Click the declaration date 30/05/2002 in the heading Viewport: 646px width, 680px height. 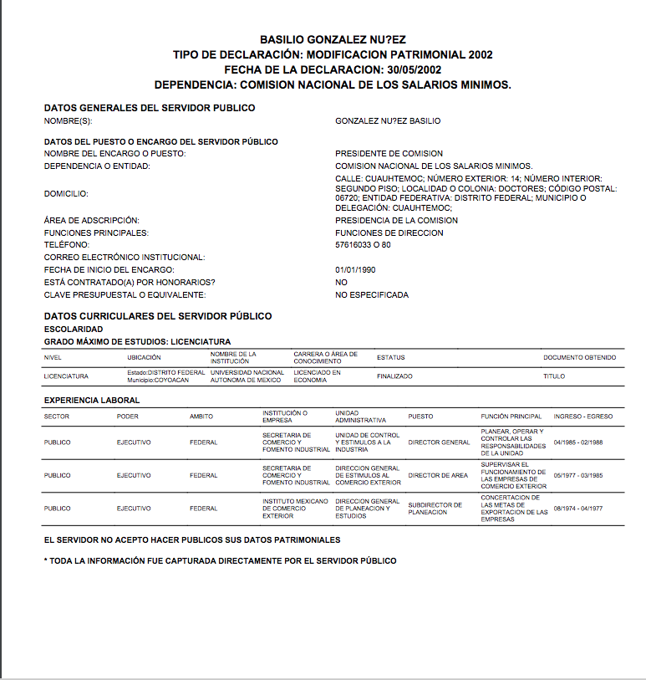tap(413, 69)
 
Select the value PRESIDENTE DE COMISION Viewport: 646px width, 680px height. tap(389, 154)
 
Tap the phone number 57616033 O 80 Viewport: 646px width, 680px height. tap(363, 245)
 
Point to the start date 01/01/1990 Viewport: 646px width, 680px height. tap(354, 269)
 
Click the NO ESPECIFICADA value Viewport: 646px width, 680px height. tap(372, 294)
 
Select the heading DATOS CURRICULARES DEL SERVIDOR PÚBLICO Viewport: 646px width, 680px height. tap(158, 316)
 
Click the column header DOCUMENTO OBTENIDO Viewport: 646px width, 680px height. tap(579, 358)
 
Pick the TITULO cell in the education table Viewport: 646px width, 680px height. tap(554, 376)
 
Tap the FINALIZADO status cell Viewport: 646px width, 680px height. tap(394, 376)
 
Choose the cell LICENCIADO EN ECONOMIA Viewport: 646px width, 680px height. tap(318, 376)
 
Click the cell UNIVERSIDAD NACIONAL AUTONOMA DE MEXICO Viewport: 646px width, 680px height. tap(247, 376)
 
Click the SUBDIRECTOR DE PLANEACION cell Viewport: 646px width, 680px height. tap(435, 509)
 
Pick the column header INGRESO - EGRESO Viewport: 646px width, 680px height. tap(582, 417)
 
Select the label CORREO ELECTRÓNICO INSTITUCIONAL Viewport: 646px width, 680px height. tap(125, 258)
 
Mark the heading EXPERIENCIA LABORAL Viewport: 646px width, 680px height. tap(92, 401)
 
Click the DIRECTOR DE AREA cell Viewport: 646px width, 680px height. tap(438, 475)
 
